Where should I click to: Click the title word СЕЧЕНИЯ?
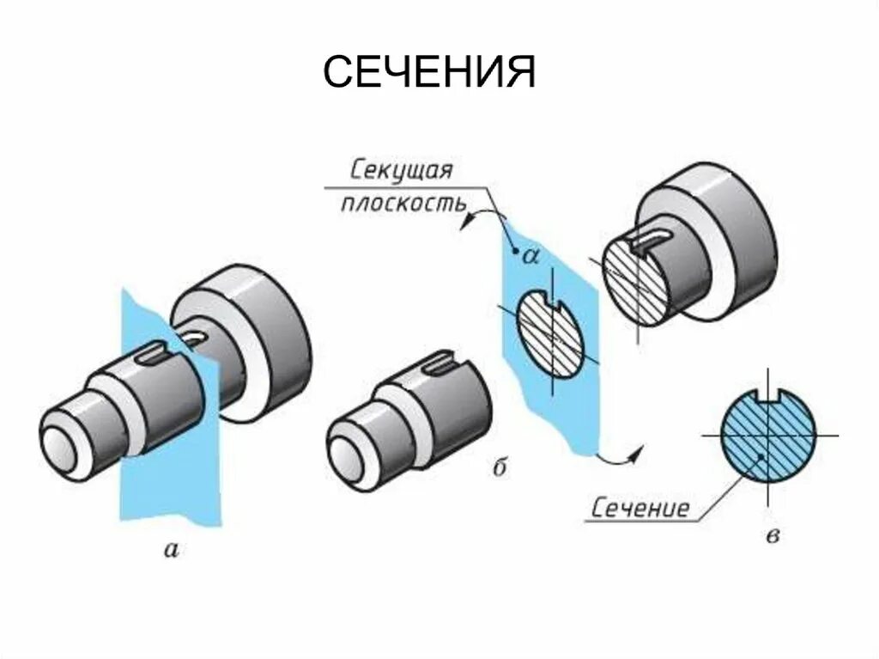coord(429,74)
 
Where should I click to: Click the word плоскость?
coord(403,204)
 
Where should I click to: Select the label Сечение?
coord(640,509)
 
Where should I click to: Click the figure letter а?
coord(172,550)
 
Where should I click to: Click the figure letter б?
coord(501,467)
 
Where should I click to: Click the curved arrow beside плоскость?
coord(482,214)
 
